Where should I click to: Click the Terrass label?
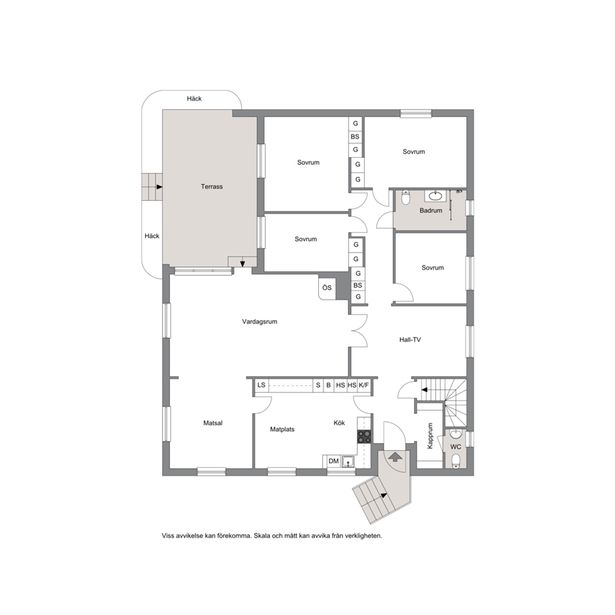coord(212,187)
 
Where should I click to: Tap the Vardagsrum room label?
coord(260,322)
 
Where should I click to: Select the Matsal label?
coord(213,423)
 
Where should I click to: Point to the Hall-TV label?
coord(410,340)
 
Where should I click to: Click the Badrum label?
coord(431,211)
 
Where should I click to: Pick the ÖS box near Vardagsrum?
coord(327,288)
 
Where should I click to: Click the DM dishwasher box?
coord(334,461)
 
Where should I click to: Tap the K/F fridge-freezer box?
coord(364,385)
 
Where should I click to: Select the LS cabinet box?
coord(261,385)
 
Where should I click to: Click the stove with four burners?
coord(364,437)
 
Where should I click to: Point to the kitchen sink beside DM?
coord(348,462)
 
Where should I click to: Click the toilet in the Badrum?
coord(406,198)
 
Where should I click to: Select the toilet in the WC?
coord(456,461)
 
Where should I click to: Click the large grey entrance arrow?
coord(395,457)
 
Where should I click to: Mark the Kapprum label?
coord(430,436)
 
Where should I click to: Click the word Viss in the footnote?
coord(168,536)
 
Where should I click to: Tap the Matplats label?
coord(283,430)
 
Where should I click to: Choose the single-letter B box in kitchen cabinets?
coord(329,385)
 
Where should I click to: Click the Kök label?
coord(339,423)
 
